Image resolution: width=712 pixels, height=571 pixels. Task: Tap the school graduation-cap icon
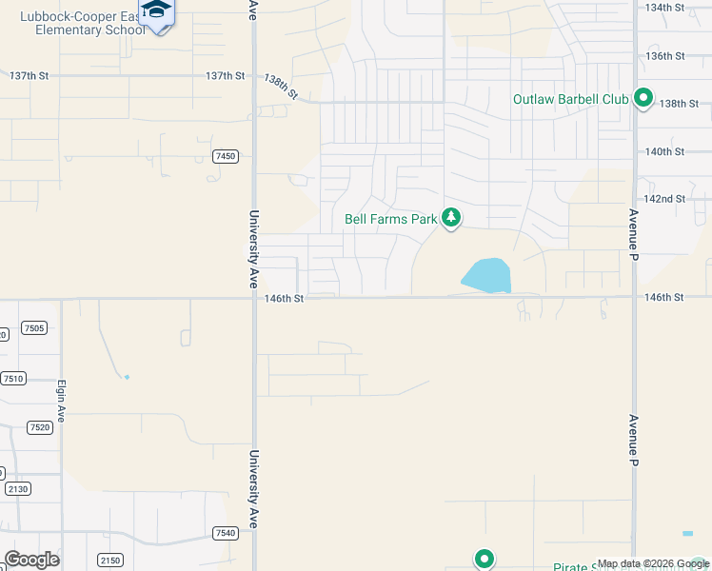(x=157, y=10)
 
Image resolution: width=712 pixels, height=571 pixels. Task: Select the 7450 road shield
(x=226, y=156)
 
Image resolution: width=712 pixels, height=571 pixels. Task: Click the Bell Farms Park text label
(x=391, y=220)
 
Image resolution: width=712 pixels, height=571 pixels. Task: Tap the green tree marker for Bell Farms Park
(x=451, y=219)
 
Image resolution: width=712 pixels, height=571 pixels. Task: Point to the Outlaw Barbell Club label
(x=571, y=99)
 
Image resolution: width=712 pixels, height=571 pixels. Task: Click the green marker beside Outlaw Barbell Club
(x=643, y=98)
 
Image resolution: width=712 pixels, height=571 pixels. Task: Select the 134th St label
(x=665, y=7)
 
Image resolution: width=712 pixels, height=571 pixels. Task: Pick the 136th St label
(x=665, y=56)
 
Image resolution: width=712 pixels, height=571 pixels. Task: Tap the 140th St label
(x=665, y=151)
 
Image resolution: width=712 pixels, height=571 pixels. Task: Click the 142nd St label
(x=665, y=199)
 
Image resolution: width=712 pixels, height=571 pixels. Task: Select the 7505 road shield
(x=33, y=328)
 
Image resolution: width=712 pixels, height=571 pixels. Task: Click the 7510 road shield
(x=13, y=378)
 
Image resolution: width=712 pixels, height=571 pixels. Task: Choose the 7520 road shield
(x=39, y=427)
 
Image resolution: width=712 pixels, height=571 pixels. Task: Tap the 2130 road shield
(x=17, y=488)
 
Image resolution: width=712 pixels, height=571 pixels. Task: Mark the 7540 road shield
(x=226, y=533)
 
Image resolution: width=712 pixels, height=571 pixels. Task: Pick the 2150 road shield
(x=109, y=561)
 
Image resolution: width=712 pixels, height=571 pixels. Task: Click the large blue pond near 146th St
(x=487, y=275)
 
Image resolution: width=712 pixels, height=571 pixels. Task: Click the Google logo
(x=31, y=560)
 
